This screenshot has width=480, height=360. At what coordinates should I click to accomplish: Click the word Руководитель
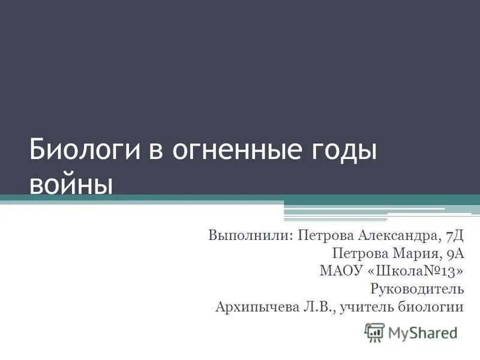pyautogui.click(x=418, y=289)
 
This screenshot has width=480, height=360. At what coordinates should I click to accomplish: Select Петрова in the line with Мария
pyautogui.click(x=358, y=252)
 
